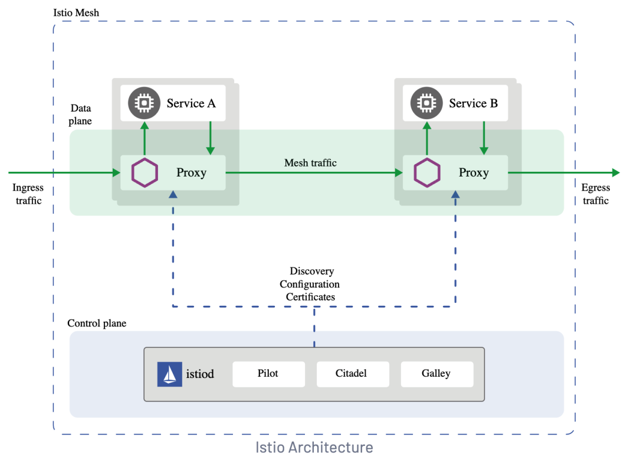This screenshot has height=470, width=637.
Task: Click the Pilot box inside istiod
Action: click(x=268, y=374)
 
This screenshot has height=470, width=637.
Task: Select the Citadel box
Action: click(x=353, y=374)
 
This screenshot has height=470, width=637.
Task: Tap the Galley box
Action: click(x=436, y=374)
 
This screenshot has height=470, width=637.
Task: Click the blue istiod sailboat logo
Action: click(x=169, y=374)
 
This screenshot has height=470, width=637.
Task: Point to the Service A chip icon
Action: click(x=145, y=103)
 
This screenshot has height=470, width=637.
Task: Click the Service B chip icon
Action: click(x=426, y=103)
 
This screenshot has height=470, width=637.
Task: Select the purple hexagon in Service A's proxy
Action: click(x=145, y=173)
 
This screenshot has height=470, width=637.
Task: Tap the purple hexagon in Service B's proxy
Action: click(x=427, y=173)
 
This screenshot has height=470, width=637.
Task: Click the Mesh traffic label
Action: click(x=310, y=162)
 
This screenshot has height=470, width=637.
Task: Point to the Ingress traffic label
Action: click(x=28, y=194)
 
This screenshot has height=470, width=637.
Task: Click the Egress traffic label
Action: click(x=596, y=194)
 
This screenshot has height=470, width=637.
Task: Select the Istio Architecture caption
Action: click(x=314, y=447)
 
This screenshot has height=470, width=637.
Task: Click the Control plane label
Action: click(x=97, y=323)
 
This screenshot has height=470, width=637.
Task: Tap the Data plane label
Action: click(x=80, y=114)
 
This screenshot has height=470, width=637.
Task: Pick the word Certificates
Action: click(x=310, y=297)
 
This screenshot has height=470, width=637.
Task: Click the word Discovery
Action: click(x=311, y=271)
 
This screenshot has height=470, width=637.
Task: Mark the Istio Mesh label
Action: click(x=76, y=12)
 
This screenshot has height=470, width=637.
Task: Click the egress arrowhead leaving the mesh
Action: click(x=616, y=173)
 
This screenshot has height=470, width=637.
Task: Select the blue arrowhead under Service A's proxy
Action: click(x=173, y=194)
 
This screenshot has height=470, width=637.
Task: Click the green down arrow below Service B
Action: click(x=484, y=138)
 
